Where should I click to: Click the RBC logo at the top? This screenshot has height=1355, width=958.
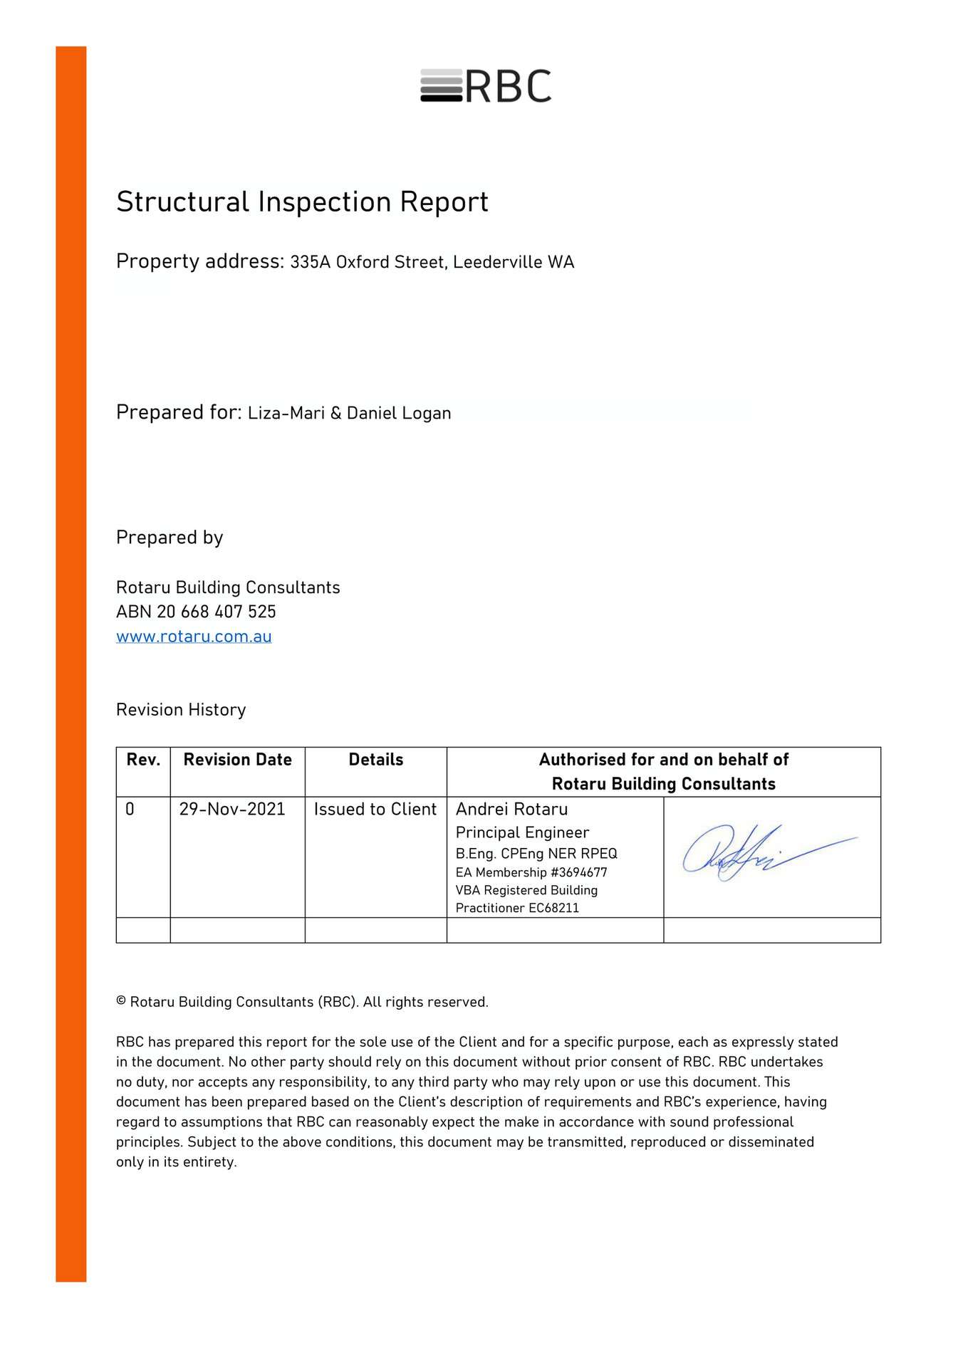[486, 86]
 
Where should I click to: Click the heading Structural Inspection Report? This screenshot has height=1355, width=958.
[302, 202]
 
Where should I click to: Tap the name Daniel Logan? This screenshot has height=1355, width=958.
[398, 414]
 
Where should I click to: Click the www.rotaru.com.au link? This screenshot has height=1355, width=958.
[194, 637]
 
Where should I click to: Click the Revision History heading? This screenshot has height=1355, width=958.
[181, 710]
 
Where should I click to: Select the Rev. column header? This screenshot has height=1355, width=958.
[143, 760]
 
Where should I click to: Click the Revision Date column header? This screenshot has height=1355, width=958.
[237, 760]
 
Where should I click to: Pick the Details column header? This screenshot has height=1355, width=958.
[375, 760]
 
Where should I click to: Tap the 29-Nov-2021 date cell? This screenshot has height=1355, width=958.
[232, 810]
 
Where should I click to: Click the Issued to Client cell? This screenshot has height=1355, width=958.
[375, 810]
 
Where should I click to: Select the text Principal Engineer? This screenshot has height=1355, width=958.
[522, 833]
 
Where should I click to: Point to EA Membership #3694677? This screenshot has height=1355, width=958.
[531, 873]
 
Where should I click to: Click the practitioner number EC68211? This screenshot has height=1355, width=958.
[553, 909]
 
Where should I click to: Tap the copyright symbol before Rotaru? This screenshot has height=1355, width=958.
[121, 1002]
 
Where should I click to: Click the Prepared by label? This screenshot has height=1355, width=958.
[170, 538]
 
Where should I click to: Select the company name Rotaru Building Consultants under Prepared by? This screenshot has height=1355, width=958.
[228, 587]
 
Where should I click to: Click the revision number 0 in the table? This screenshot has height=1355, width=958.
[130, 810]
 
